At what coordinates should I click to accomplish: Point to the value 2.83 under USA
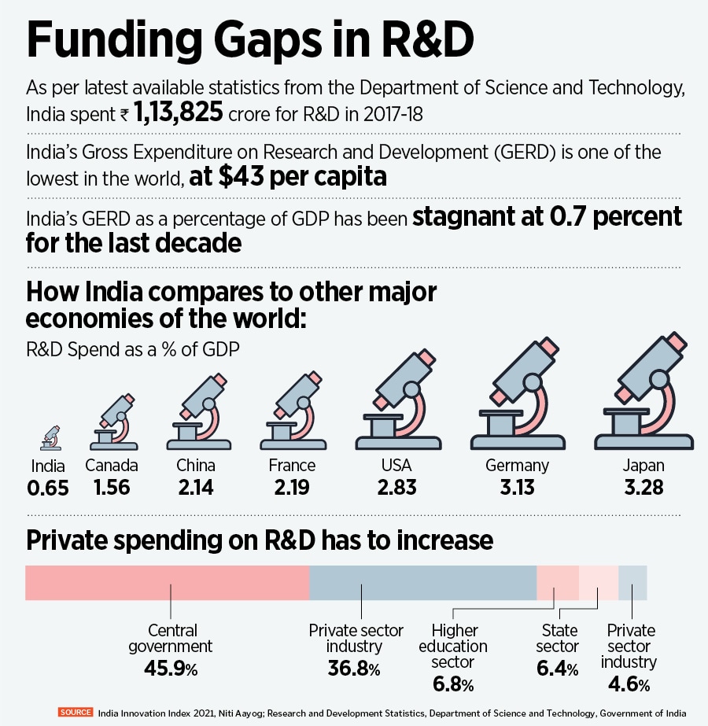396,487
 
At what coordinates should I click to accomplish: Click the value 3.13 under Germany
516,487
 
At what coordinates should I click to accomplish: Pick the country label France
292,465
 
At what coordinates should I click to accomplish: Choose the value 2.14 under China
196,487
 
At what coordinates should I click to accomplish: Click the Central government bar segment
168,583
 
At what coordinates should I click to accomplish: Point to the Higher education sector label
459,646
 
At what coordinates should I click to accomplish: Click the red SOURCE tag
76,713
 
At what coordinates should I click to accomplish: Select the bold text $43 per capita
288,177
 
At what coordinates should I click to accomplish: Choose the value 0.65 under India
48,488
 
